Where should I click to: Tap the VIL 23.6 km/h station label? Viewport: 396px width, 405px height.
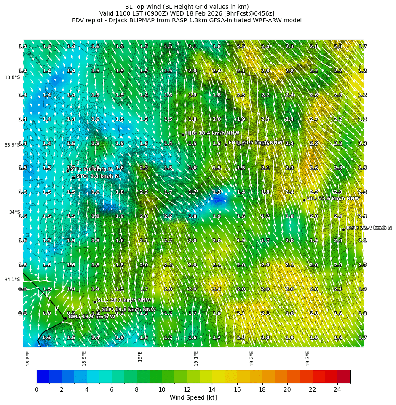(x=333, y=198)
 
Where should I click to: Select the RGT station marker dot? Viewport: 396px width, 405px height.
(x=343, y=229)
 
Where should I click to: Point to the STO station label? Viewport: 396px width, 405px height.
(x=97, y=176)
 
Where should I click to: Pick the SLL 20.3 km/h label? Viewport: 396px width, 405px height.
(x=124, y=300)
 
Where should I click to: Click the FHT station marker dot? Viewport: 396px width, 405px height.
(x=225, y=144)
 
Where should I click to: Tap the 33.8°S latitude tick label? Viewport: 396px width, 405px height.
(x=12, y=77)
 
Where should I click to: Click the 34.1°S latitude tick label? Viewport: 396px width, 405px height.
(x=12, y=280)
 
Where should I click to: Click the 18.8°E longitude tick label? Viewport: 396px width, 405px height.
(x=28, y=358)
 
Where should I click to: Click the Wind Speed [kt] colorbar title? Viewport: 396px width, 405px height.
(x=193, y=397)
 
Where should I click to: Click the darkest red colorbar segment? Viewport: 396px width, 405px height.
(x=344, y=376)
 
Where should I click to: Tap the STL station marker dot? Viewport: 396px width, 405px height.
(x=67, y=171)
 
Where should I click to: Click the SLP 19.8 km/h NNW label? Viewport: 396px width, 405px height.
(x=128, y=309)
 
